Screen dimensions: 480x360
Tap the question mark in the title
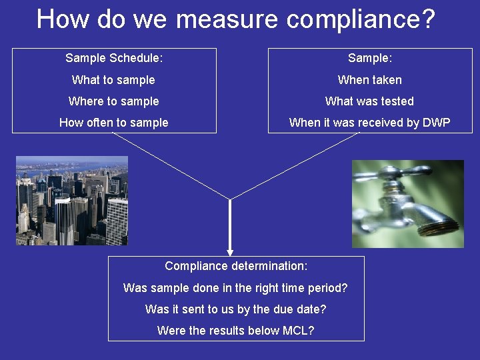[x=427, y=19]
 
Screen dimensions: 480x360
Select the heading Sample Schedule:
[x=114, y=58]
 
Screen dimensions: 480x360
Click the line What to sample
[x=113, y=80]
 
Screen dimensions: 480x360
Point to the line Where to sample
[x=113, y=101]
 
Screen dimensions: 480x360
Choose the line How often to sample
[x=113, y=123]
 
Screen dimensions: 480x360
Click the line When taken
[x=369, y=80]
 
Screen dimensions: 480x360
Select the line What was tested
[x=369, y=101]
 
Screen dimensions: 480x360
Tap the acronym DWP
[x=436, y=123]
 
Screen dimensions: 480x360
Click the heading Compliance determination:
[x=236, y=266]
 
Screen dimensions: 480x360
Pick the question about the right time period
[x=235, y=288]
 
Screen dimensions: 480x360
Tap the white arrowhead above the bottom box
[x=230, y=253]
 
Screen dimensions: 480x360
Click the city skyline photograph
[x=72, y=201]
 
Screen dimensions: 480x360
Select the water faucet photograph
[x=407, y=204]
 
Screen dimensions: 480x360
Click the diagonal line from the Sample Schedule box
[x=170, y=166]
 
